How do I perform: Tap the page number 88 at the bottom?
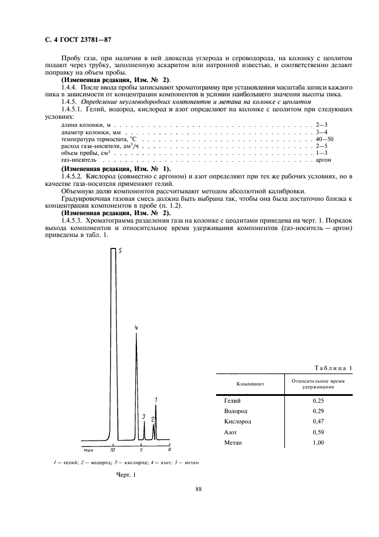click(x=198, y=489)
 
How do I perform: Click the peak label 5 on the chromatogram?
click(x=120, y=251)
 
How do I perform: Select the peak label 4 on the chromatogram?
click(x=136, y=328)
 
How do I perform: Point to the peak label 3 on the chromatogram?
click(x=144, y=417)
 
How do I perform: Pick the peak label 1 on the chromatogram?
click(x=156, y=399)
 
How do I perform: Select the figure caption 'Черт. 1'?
click(x=125, y=474)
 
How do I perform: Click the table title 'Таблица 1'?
click(x=334, y=367)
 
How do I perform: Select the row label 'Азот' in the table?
click(x=230, y=432)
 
